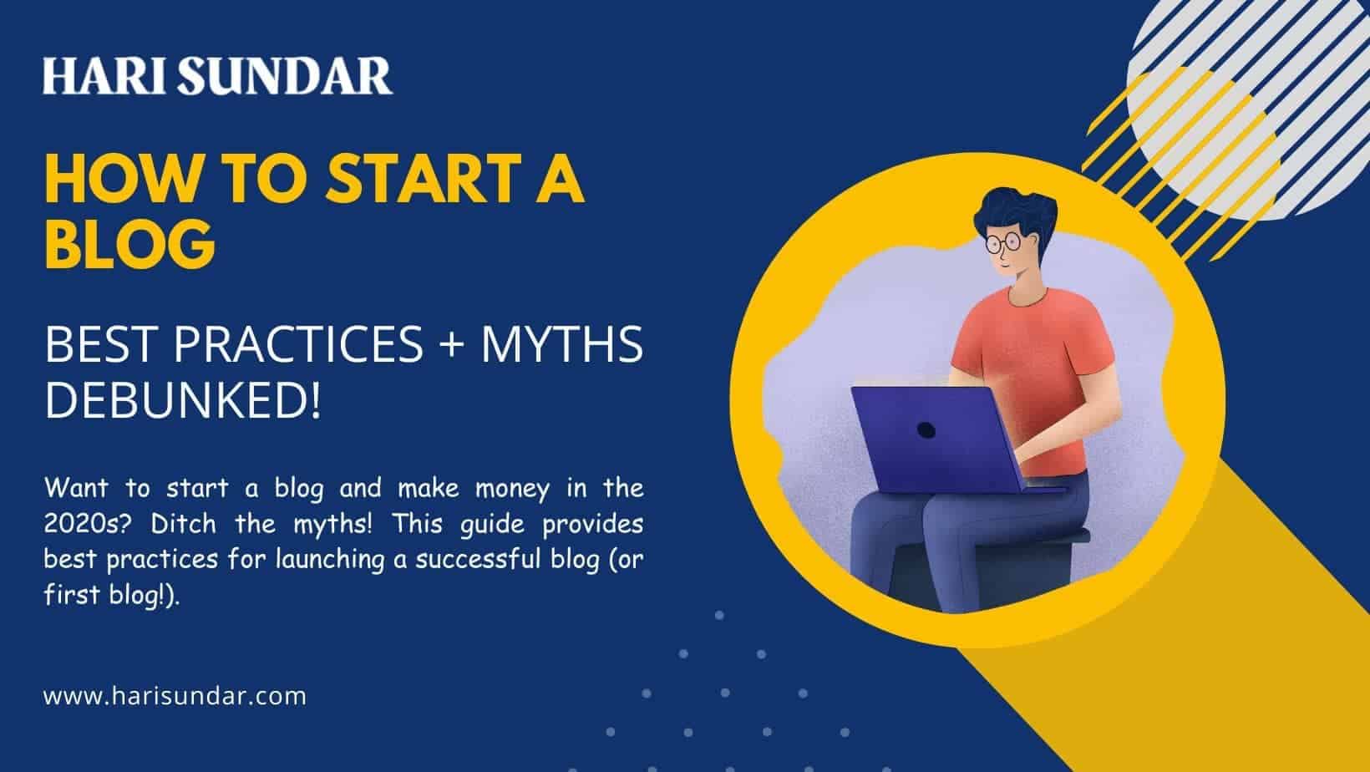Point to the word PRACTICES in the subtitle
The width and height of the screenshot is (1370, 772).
[x=298, y=344]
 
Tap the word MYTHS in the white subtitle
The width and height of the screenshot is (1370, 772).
[x=561, y=344]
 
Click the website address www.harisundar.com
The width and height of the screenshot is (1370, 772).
[x=175, y=696]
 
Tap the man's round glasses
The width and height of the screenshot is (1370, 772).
[x=1003, y=243]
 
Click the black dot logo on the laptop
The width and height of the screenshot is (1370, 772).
[x=926, y=430]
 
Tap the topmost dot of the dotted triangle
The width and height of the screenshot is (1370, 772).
[x=719, y=616]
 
